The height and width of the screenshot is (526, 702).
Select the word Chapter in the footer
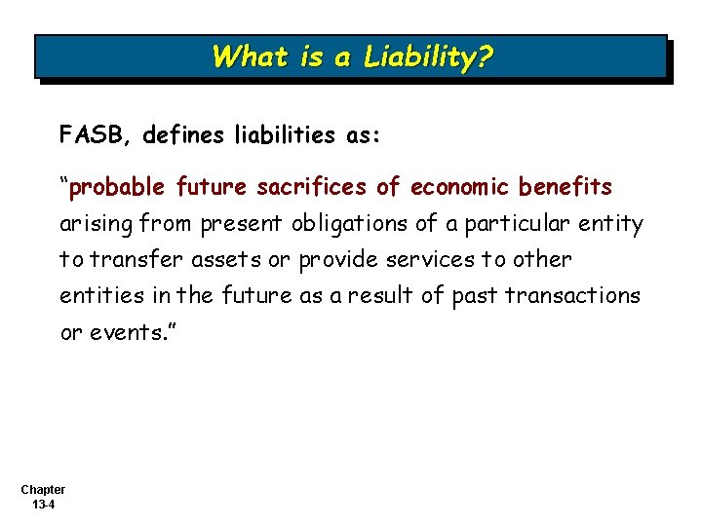(42, 490)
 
